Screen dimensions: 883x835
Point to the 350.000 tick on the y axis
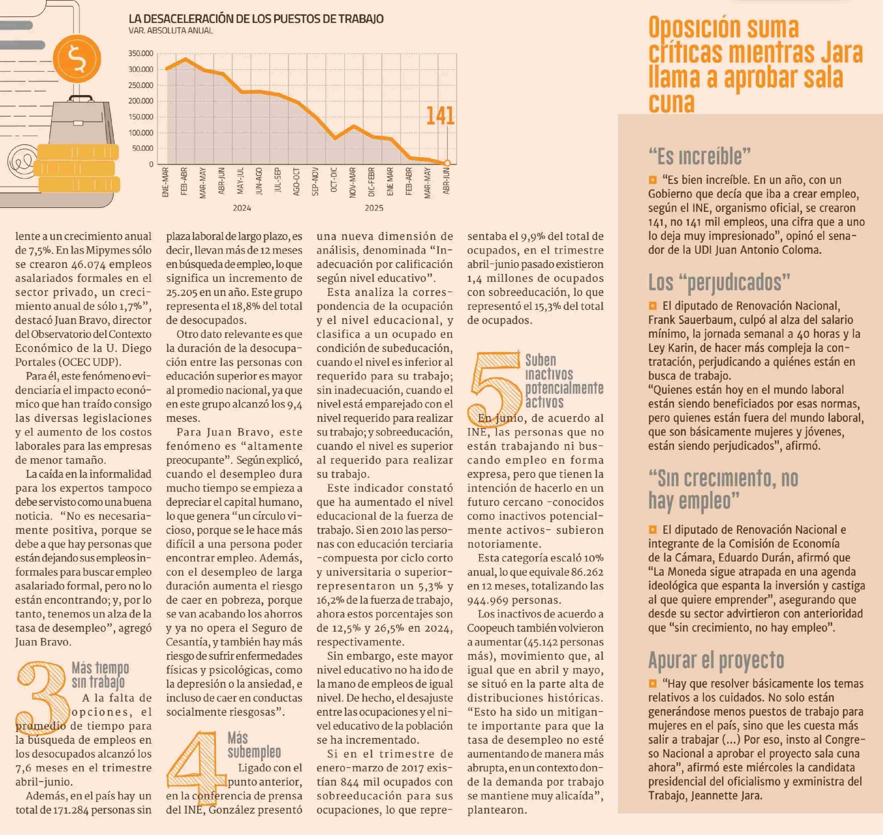(x=140, y=53)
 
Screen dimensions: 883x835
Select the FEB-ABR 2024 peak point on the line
(x=185, y=59)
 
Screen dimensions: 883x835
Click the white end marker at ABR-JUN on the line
(x=447, y=163)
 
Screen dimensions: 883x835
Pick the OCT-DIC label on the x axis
(x=334, y=180)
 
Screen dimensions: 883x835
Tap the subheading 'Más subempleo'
(x=254, y=745)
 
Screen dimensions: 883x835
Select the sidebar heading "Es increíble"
(x=699, y=156)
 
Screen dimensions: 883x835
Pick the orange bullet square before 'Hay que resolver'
(x=653, y=683)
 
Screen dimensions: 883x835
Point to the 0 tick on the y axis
(x=151, y=164)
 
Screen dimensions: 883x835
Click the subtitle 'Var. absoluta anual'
(x=170, y=31)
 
